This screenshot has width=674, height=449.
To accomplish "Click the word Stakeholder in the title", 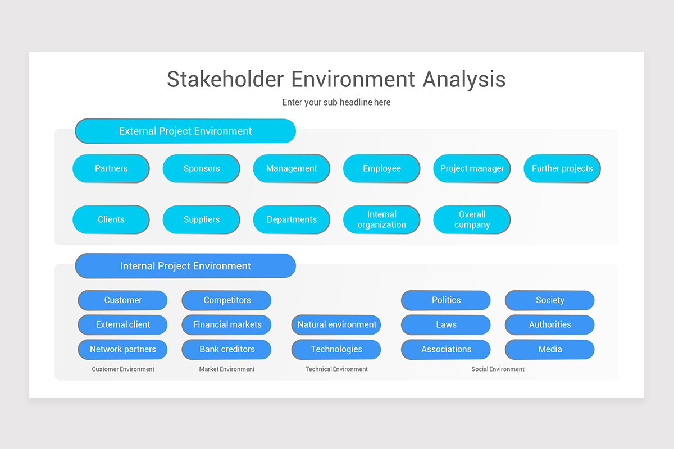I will pyautogui.click(x=225, y=79).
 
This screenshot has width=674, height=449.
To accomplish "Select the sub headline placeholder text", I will pyautogui.click(x=336, y=102).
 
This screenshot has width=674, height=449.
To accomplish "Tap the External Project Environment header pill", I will pyautogui.click(x=185, y=131).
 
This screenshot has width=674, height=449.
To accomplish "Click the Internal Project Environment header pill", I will pyautogui.click(x=185, y=266).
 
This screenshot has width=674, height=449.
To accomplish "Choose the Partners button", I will pyautogui.click(x=111, y=168).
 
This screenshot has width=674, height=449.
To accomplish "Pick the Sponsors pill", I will pyautogui.click(x=201, y=168).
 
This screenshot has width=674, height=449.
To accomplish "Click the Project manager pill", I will pyautogui.click(x=472, y=168).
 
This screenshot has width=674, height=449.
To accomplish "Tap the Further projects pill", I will pyautogui.click(x=562, y=168).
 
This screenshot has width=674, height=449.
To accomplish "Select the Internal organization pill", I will pyautogui.click(x=381, y=219).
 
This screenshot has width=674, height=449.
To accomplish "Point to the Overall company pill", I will pyautogui.click(x=472, y=219).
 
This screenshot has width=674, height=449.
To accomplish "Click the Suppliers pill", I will pyautogui.click(x=201, y=219).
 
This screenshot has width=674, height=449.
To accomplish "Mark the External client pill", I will pyautogui.click(x=122, y=324).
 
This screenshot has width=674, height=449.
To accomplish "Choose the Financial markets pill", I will pyautogui.click(x=227, y=324).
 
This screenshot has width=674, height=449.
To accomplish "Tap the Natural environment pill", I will pyautogui.click(x=336, y=324).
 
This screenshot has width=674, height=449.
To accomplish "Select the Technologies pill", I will pyautogui.click(x=336, y=349).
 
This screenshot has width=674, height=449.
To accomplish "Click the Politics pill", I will pyautogui.click(x=446, y=300).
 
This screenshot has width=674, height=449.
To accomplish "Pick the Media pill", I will pyautogui.click(x=550, y=349).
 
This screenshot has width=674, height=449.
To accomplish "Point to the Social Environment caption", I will pyautogui.click(x=498, y=369).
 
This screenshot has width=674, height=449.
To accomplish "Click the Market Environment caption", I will pyautogui.click(x=227, y=369).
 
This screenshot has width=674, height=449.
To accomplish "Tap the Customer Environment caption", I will pyautogui.click(x=123, y=369).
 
